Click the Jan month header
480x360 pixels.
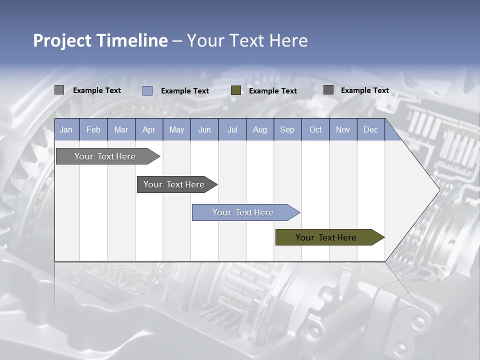click(66, 129)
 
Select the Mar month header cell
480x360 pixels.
click(121, 129)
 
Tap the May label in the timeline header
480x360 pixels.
click(176, 129)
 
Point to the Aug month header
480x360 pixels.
click(259, 129)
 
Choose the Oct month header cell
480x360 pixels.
click(315, 129)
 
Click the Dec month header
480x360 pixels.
click(370, 129)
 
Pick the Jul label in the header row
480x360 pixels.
click(232, 129)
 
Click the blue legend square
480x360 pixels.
click(147, 90)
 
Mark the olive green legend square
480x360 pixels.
click(236, 90)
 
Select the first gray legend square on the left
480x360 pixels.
click(59, 90)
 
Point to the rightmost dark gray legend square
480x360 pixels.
click(328, 90)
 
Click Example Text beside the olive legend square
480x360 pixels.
click(272, 90)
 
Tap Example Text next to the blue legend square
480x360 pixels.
click(184, 90)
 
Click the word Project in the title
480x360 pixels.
click(62, 40)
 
